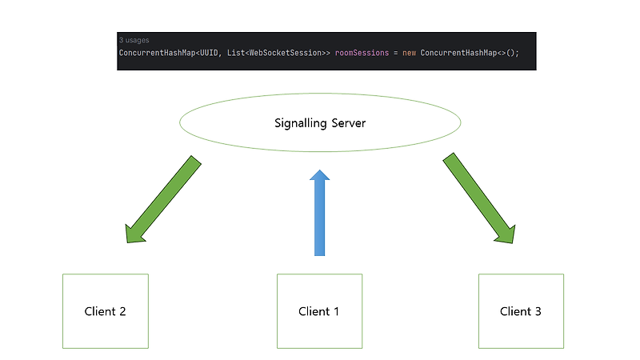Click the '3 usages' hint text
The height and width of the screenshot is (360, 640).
click(x=134, y=40)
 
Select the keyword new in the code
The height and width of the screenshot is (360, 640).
click(x=409, y=52)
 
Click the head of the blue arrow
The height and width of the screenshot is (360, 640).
click(x=320, y=178)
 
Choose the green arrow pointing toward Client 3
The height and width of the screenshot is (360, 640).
click(x=478, y=199)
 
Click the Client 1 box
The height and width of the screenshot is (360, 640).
click(x=319, y=311)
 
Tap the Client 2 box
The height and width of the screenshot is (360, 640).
click(x=105, y=311)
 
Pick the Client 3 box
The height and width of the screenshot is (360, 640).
click(x=521, y=311)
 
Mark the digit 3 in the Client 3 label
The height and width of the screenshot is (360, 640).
click(x=538, y=311)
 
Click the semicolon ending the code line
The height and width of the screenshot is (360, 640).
click(x=517, y=52)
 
